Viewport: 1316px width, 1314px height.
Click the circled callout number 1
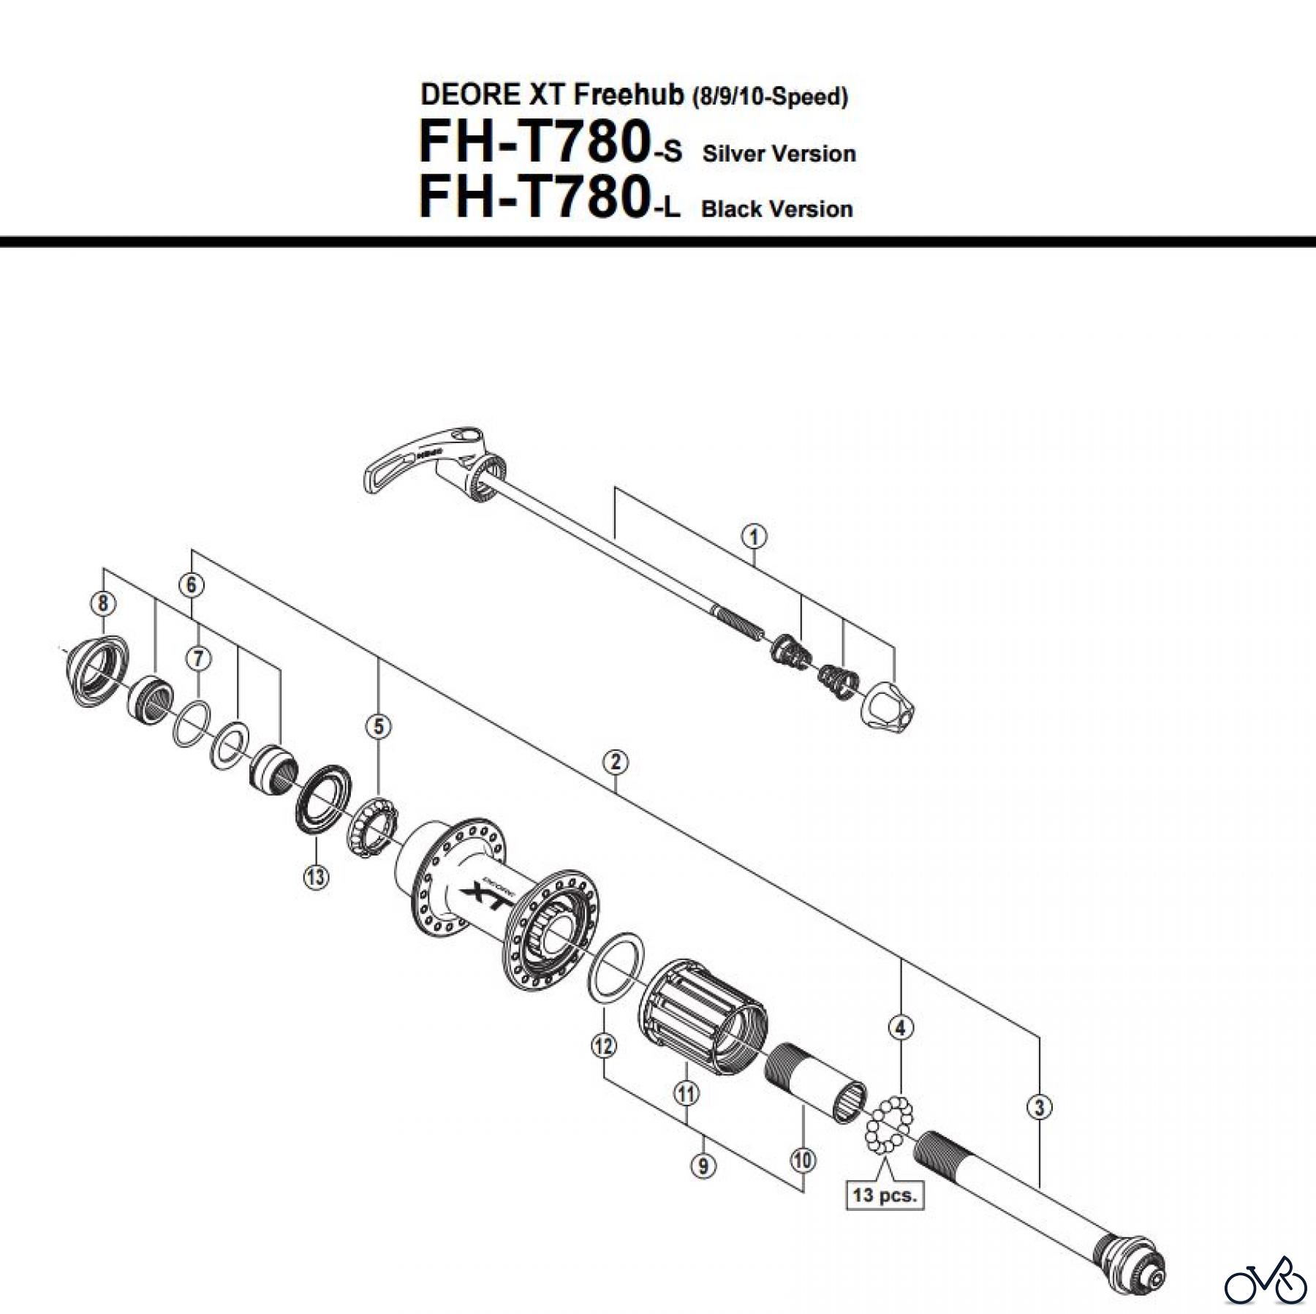pyautogui.click(x=754, y=537)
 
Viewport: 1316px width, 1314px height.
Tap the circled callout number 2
pyautogui.click(x=616, y=763)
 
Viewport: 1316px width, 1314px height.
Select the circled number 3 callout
pyautogui.click(x=1040, y=1107)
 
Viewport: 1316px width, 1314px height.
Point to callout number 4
pyautogui.click(x=901, y=1028)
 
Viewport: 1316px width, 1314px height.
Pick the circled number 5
pyautogui.click(x=379, y=727)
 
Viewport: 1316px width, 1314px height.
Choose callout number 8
pyautogui.click(x=103, y=603)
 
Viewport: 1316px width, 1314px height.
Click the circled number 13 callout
pyautogui.click(x=316, y=876)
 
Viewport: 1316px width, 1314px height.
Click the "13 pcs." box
pyautogui.click(x=884, y=1217)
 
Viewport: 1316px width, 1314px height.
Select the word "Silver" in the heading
pyautogui.click(x=734, y=154)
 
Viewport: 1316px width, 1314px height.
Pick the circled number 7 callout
pyautogui.click(x=197, y=659)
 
